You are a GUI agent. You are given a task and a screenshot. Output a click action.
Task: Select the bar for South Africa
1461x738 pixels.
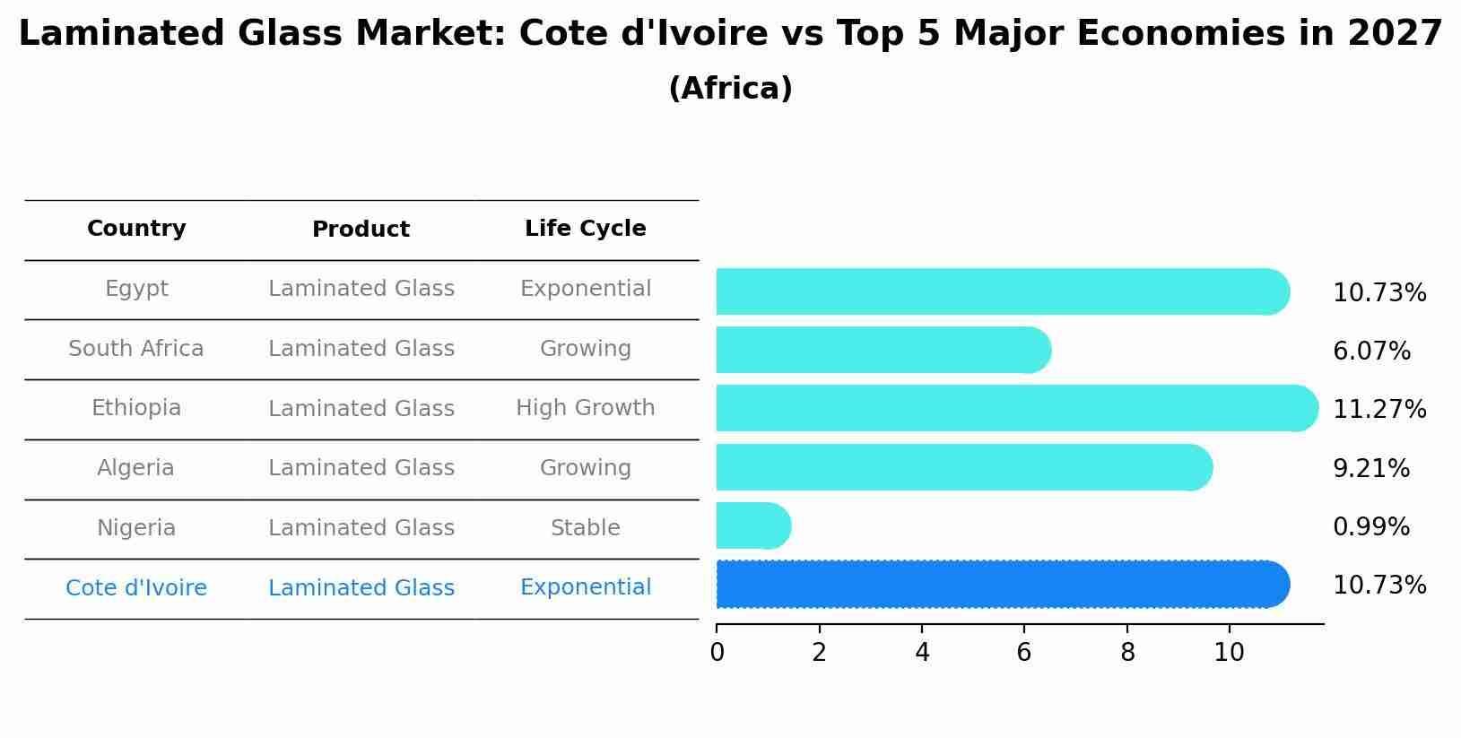(x=883, y=350)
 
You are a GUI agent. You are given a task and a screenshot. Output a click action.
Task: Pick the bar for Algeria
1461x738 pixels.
(x=963, y=467)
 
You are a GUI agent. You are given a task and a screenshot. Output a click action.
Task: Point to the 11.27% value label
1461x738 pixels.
(x=1378, y=410)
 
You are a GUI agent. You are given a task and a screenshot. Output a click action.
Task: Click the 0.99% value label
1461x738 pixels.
(x=1370, y=527)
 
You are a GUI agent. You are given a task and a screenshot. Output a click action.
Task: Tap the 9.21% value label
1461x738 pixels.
(x=1370, y=469)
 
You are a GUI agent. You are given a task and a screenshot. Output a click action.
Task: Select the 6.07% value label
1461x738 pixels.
(x=1371, y=352)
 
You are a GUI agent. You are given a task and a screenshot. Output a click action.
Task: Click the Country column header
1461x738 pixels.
(x=136, y=229)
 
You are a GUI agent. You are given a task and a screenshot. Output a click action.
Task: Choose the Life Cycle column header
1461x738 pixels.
(x=585, y=229)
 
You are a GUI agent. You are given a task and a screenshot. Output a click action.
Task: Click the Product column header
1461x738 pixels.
(x=361, y=230)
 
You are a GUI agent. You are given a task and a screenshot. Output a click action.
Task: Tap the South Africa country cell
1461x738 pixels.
(x=136, y=349)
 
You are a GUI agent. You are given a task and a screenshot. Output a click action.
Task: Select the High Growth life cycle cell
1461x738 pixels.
(x=585, y=408)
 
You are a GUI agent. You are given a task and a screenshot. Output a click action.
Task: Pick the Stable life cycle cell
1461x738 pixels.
(x=585, y=528)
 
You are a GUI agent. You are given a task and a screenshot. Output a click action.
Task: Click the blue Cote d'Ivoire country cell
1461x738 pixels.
(x=136, y=588)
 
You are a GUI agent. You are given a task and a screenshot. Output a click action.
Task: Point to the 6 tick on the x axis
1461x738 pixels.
(x=1024, y=653)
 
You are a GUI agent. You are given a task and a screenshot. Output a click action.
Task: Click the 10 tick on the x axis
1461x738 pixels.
(x=1229, y=653)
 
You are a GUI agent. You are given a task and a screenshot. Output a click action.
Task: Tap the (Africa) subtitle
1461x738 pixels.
(x=730, y=89)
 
